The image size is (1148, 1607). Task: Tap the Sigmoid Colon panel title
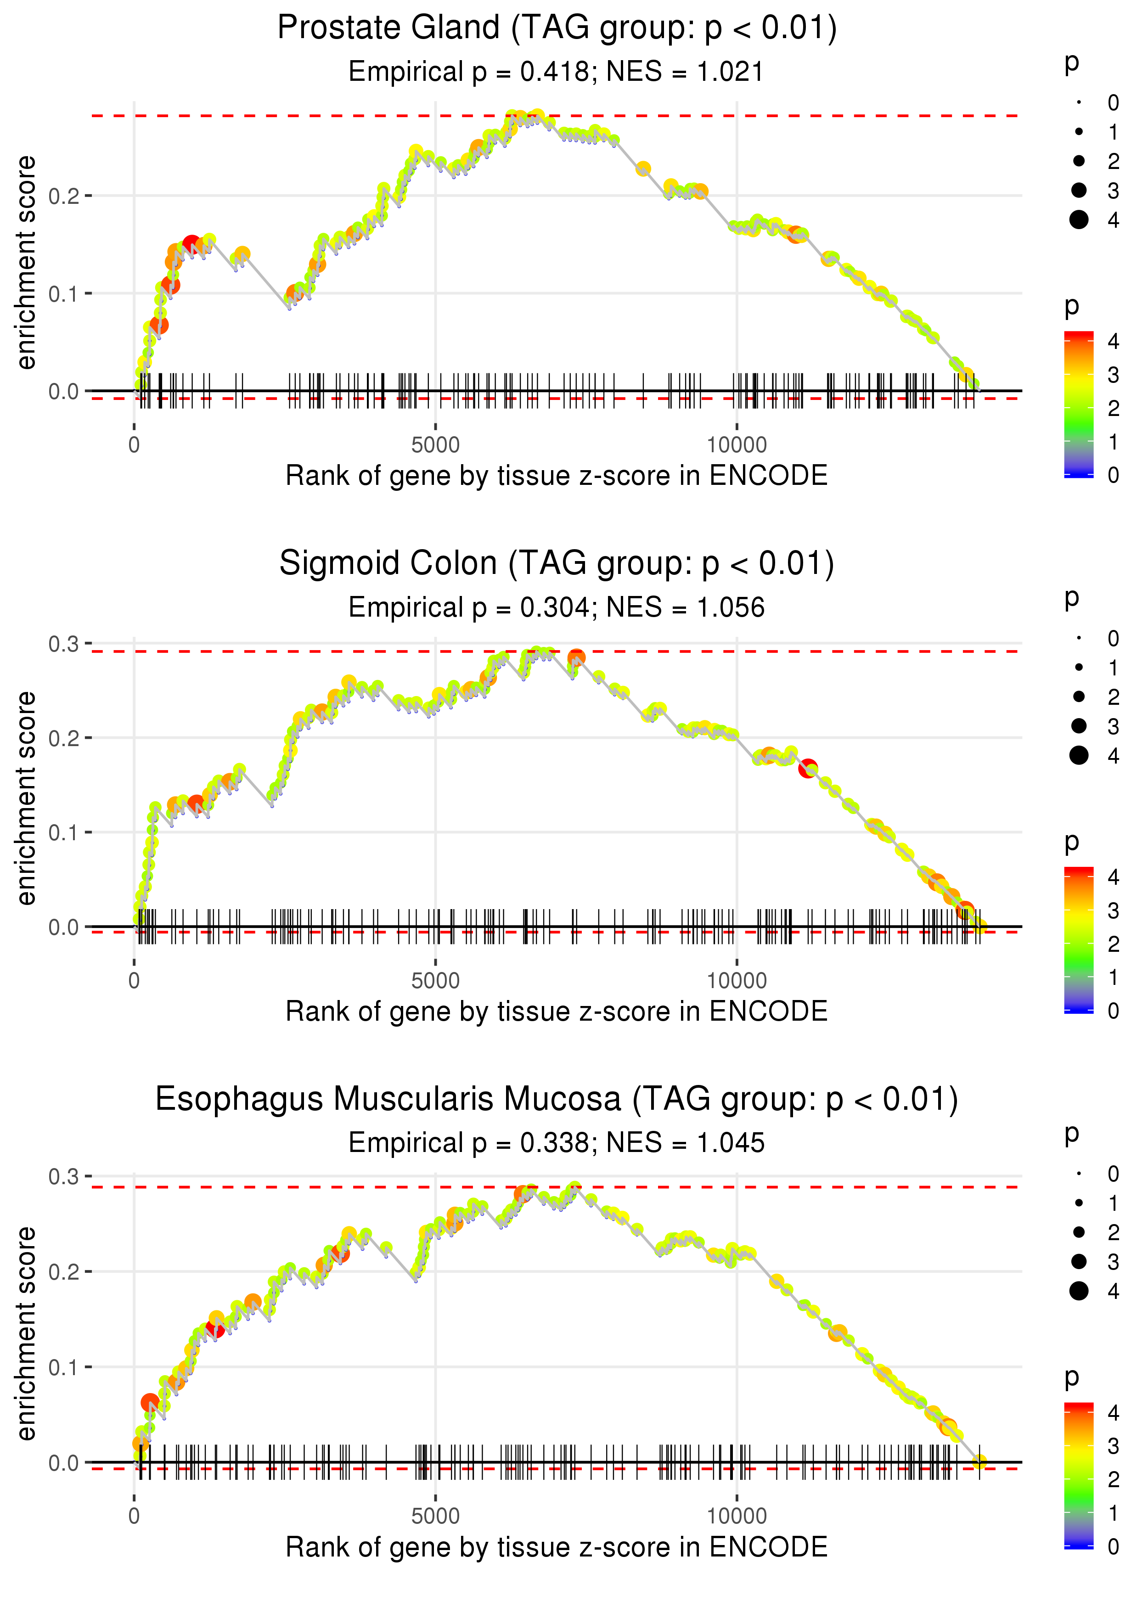pyautogui.click(x=557, y=564)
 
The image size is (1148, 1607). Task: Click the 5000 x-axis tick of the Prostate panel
pyautogui.click(x=435, y=445)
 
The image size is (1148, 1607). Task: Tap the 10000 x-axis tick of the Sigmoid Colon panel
pyautogui.click(x=737, y=981)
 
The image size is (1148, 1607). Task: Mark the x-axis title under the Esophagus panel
pyautogui.click(x=557, y=1547)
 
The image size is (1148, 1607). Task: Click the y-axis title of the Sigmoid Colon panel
pyautogui.click(x=26, y=798)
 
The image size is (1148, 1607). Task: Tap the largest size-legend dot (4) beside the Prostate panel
pyautogui.click(x=1079, y=220)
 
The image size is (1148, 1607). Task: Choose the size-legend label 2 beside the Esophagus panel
pyautogui.click(x=1114, y=1232)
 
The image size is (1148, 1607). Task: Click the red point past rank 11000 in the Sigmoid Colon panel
pyautogui.click(x=808, y=768)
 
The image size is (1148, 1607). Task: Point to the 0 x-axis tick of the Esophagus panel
pyautogui.click(x=134, y=1517)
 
